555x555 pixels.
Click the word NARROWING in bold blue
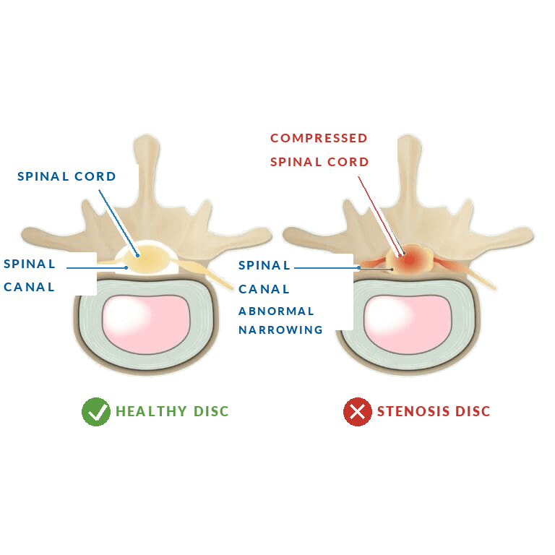[280, 329]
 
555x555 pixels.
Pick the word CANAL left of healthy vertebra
[29, 286]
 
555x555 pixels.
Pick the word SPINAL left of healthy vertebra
[30, 264]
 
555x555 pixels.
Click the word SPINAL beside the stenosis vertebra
[264, 264]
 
